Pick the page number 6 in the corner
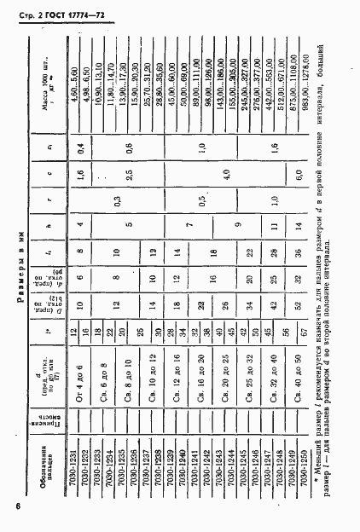tap(17, 508)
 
